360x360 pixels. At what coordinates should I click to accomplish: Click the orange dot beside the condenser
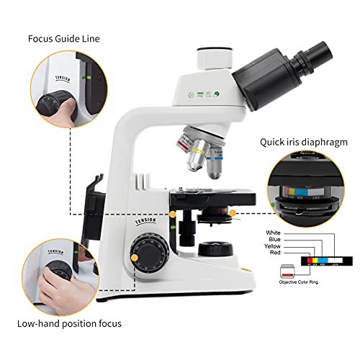point(233,213)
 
